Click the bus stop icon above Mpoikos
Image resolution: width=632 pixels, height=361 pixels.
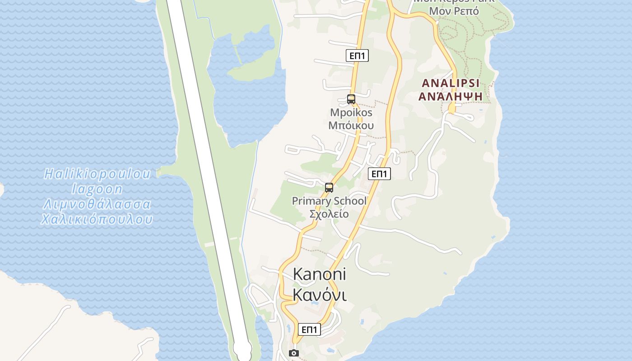[351, 99]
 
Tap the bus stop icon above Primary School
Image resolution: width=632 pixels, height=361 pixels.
[329, 188]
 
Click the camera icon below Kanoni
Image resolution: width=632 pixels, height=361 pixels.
[294, 353]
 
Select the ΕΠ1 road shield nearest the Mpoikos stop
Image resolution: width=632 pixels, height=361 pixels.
[357, 56]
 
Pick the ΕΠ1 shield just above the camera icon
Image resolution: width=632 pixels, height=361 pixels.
[309, 329]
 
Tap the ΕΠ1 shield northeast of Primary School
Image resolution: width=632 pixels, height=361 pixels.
[379, 174]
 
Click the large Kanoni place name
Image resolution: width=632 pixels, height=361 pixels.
[320, 274]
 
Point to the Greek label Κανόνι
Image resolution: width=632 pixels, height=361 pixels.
[320, 295]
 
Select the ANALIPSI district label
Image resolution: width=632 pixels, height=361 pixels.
[451, 83]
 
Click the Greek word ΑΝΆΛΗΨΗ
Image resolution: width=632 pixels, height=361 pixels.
[451, 96]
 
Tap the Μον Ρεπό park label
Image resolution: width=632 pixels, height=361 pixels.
[454, 11]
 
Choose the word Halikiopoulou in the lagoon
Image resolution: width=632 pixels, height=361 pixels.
[98, 174]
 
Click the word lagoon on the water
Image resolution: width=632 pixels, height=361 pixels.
[97, 189]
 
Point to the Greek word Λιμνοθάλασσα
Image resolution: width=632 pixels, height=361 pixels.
[97, 204]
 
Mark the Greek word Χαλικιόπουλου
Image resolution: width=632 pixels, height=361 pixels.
[97, 220]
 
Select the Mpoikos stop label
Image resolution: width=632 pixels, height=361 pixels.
[351, 112]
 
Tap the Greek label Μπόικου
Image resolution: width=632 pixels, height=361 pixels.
[351, 125]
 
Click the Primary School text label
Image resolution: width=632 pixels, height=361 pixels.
[329, 201]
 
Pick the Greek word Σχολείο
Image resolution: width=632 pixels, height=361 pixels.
[329, 213]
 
